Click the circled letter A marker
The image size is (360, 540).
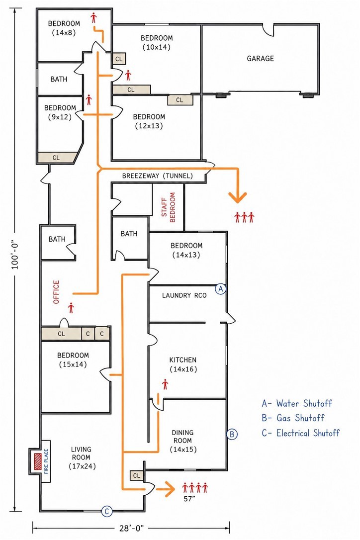[220, 289]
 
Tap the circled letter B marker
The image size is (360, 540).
[232, 434]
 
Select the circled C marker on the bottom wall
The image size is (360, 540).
[107, 512]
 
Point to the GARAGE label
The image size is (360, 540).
[261, 59]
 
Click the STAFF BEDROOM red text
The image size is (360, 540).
[169, 207]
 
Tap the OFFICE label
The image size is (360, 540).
[57, 292]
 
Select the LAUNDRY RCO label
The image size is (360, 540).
[184, 295]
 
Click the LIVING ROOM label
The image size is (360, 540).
[82, 457]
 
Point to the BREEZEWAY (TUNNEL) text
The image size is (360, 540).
[158, 176]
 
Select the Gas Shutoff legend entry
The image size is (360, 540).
[293, 418]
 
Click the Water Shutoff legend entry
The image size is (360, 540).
[297, 403]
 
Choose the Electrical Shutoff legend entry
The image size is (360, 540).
[301, 433]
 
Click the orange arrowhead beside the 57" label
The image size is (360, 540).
[168, 489]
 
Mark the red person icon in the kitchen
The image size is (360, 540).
[166, 384]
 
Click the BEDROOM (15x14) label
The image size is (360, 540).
[73, 360]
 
